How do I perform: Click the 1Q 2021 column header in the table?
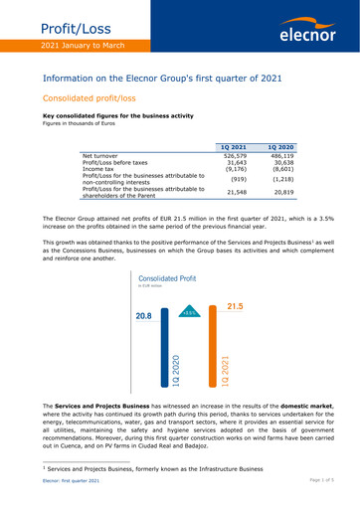[235, 147]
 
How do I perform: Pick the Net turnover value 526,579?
[235, 156]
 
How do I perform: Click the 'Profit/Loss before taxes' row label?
[117, 163]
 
